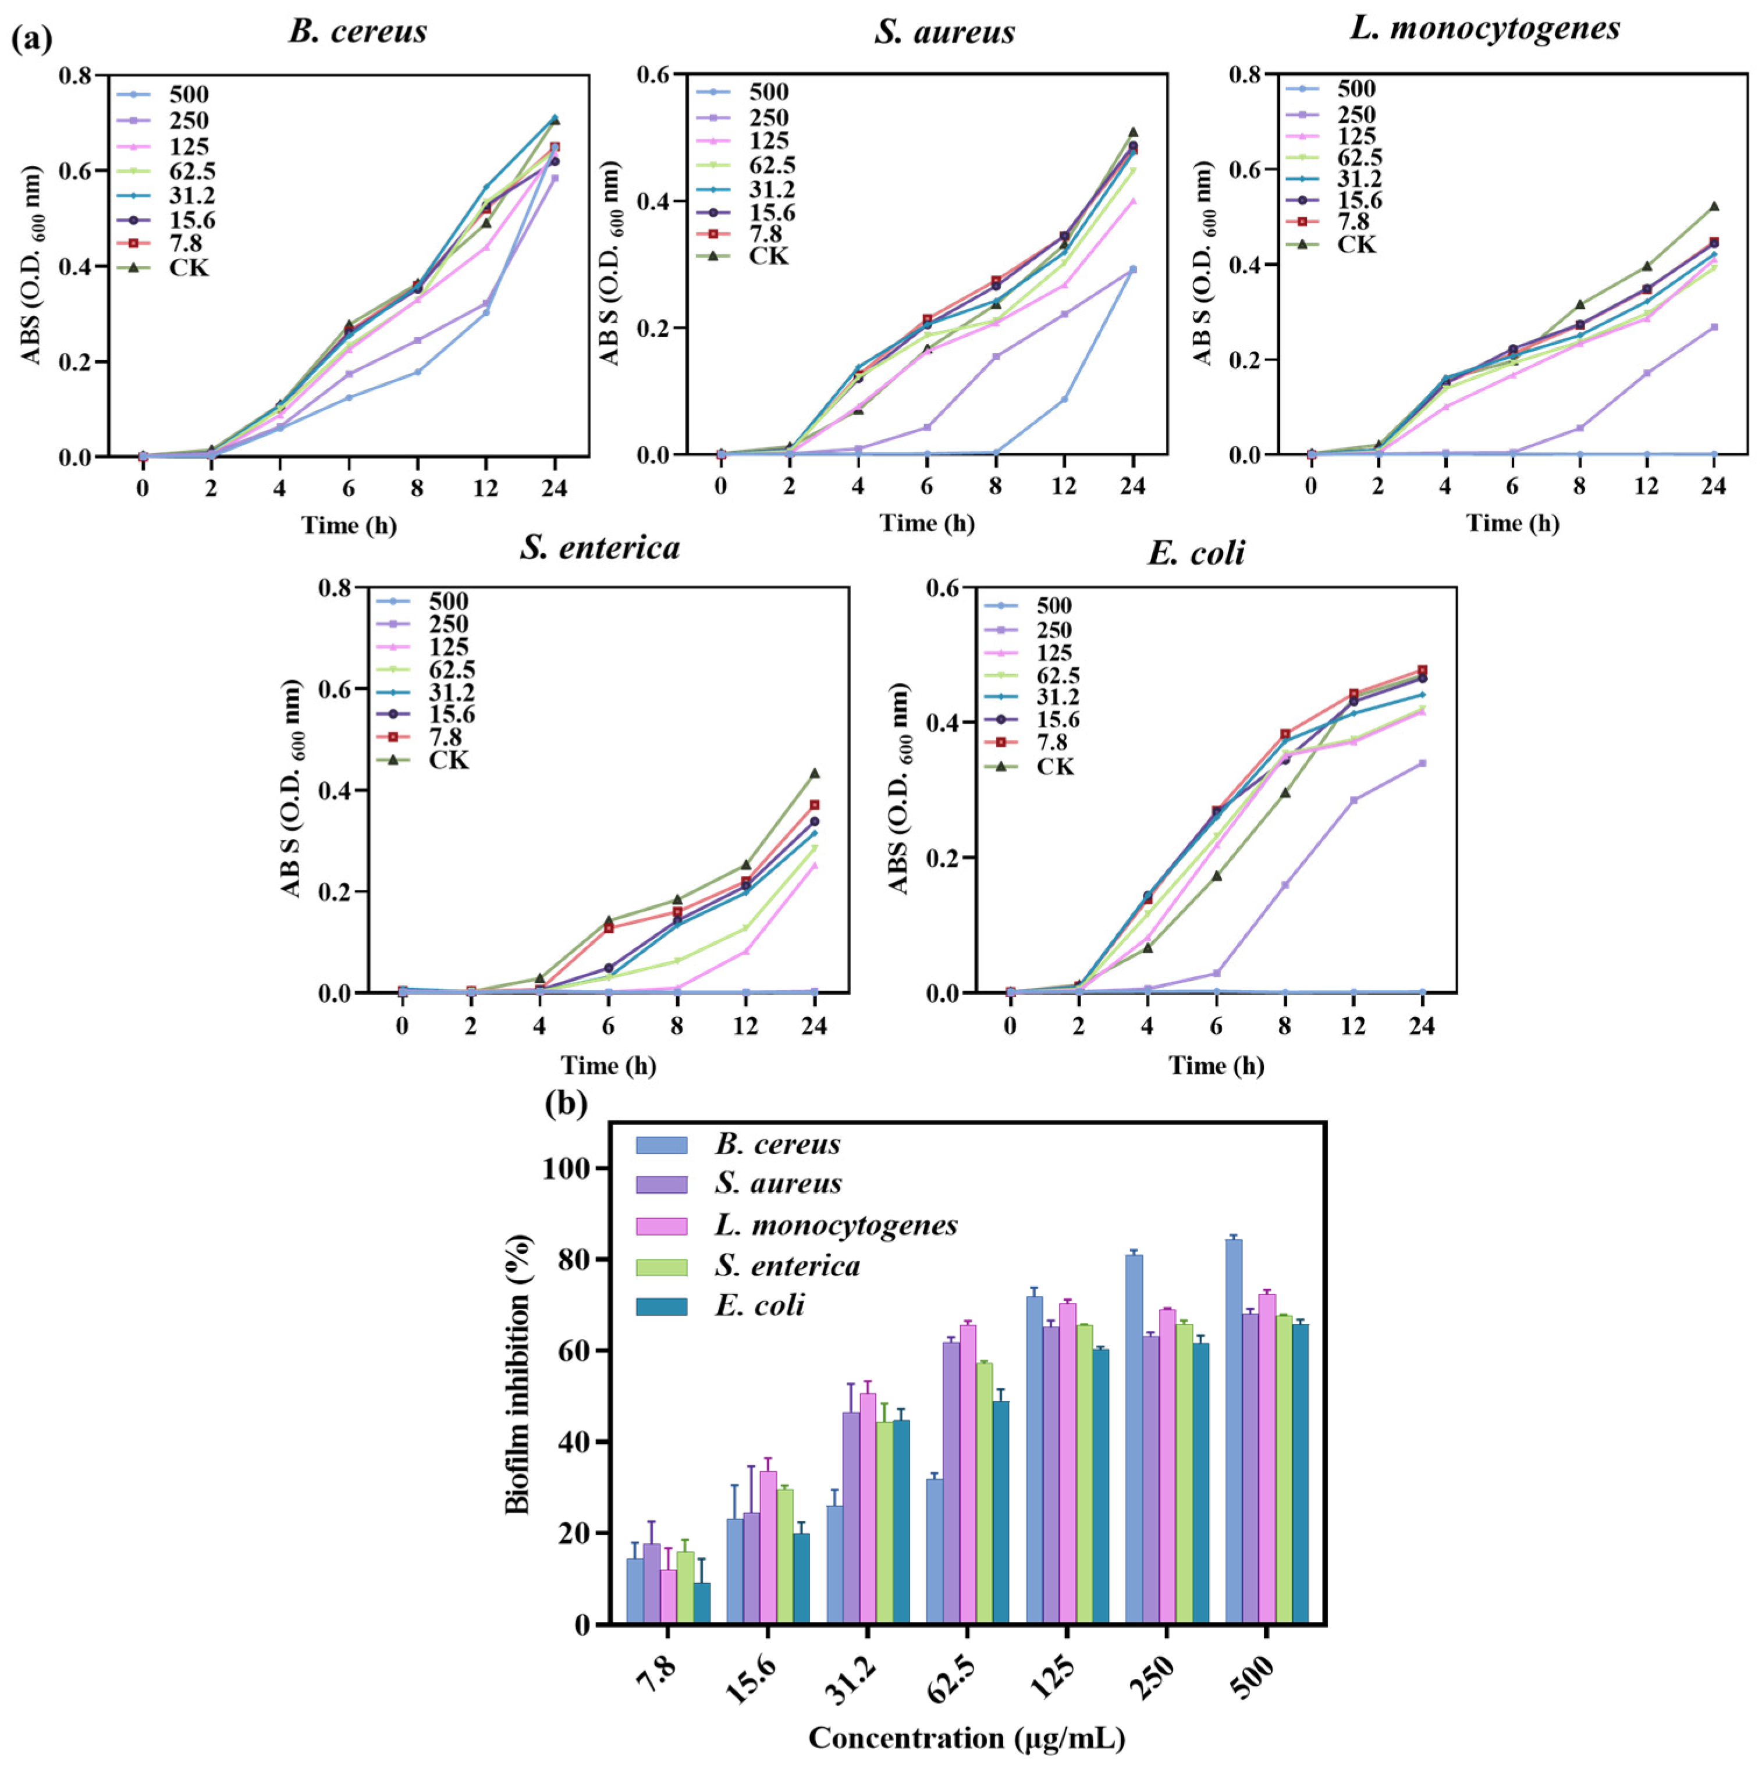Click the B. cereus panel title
point(357,32)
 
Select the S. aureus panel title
point(944,33)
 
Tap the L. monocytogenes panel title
point(1484,29)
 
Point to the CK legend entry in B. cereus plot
point(189,268)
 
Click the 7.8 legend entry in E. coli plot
point(1055,743)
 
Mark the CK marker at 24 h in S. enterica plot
point(814,774)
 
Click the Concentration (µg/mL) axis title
point(966,1738)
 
